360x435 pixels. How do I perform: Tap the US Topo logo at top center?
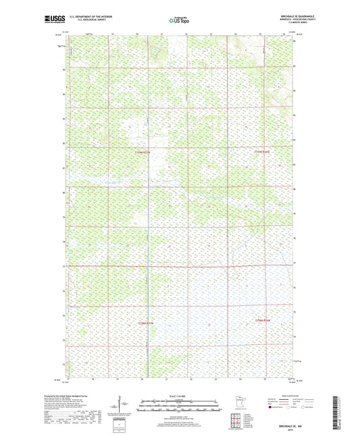(179, 21)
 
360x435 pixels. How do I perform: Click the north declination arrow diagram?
(123, 407)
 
